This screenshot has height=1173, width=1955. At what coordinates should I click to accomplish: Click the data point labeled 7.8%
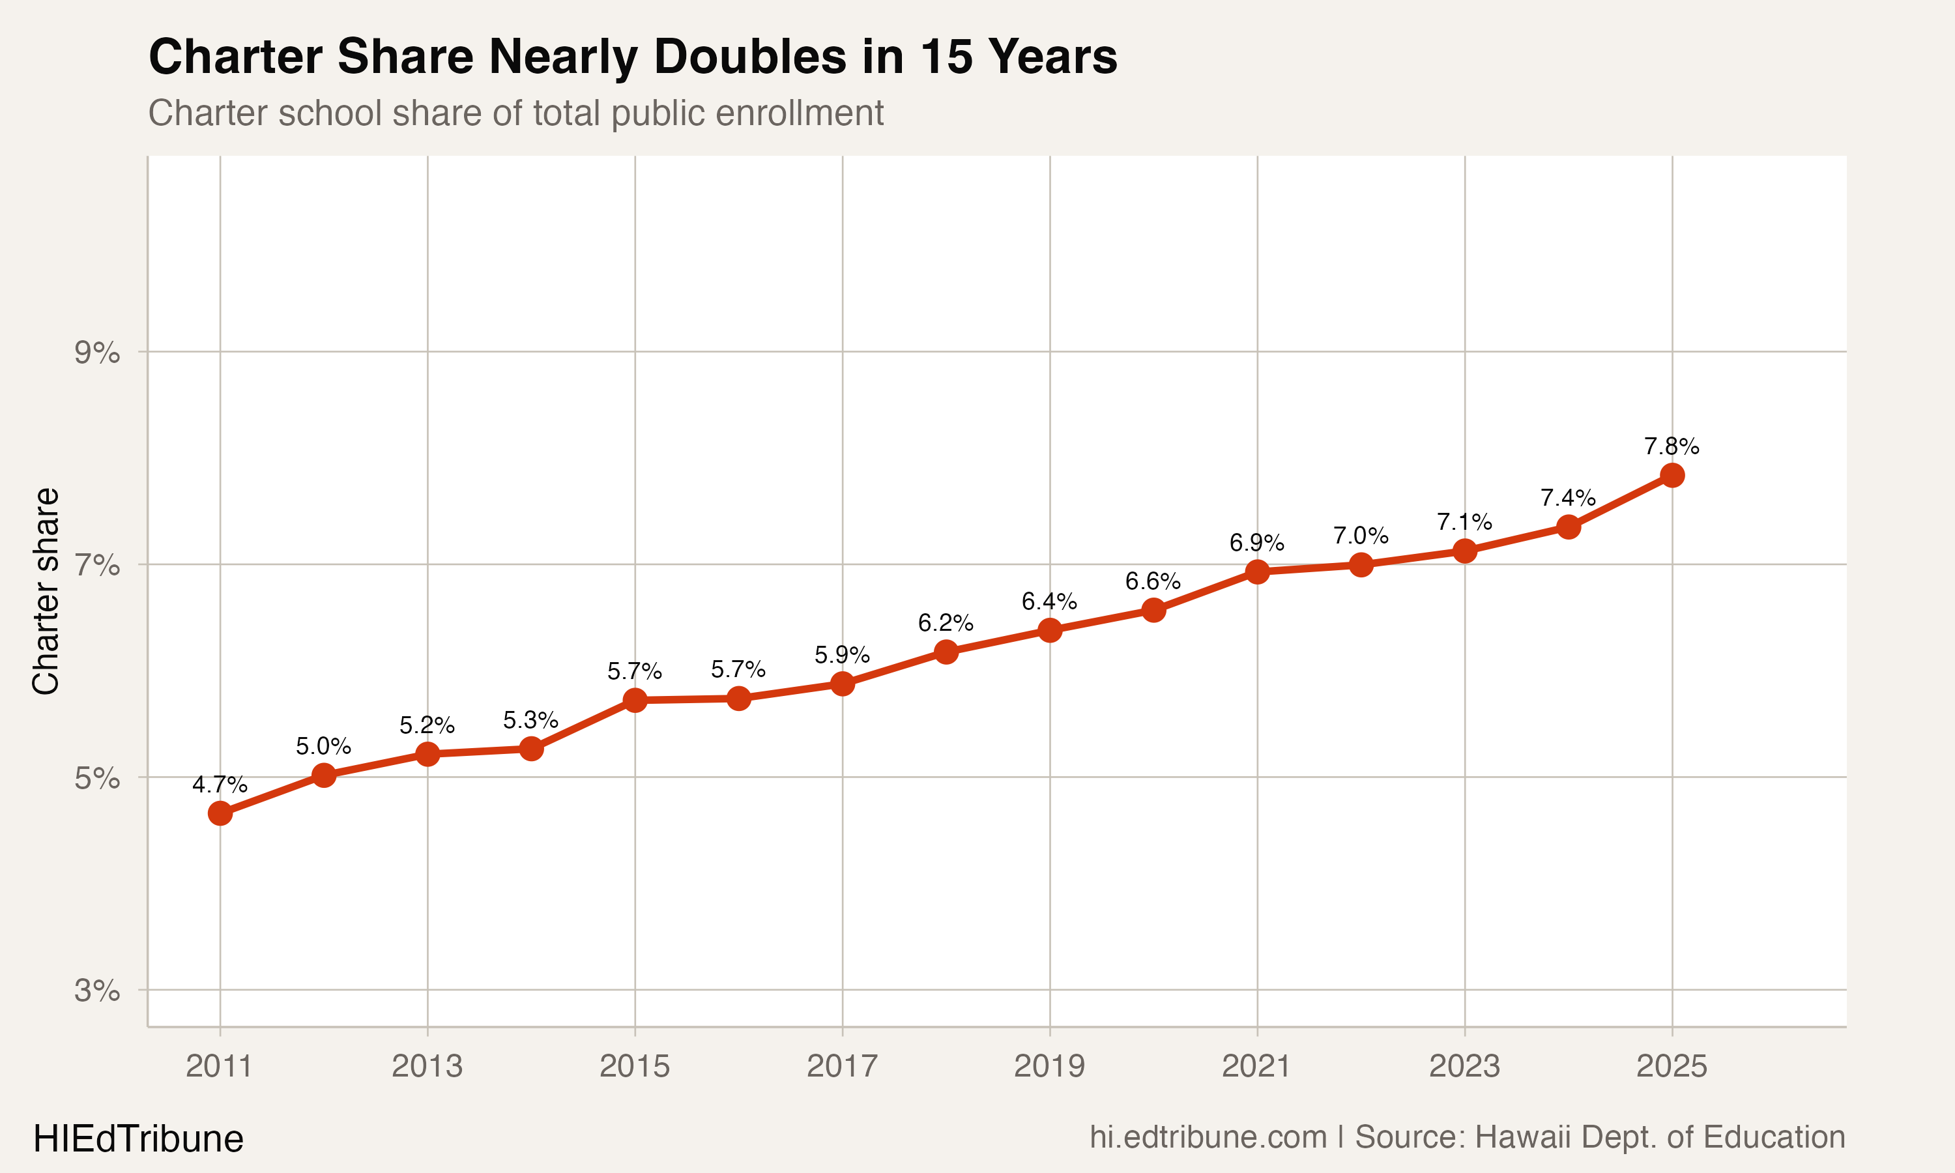pyautogui.click(x=1672, y=475)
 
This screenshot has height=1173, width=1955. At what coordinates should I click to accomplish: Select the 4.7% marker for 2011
pyautogui.click(x=220, y=813)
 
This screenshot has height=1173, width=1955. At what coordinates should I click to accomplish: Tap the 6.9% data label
pyautogui.click(x=1256, y=543)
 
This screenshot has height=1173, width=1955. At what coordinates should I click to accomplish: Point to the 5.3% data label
pyautogui.click(x=530, y=721)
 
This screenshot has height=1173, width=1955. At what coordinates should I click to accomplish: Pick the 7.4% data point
pyautogui.click(x=1568, y=527)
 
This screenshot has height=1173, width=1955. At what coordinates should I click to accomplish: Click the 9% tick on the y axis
pyautogui.click(x=97, y=353)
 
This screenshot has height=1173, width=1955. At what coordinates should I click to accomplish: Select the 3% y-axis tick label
pyautogui.click(x=97, y=991)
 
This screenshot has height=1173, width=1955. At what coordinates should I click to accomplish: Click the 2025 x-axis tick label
pyautogui.click(x=1672, y=1066)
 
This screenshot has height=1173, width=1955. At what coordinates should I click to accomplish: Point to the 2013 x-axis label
pyautogui.click(x=427, y=1066)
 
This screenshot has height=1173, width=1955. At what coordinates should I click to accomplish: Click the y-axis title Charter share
pyautogui.click(x=46, y=591)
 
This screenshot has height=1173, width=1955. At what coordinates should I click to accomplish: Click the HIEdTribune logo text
pyautogui.click(x=138, y=1139)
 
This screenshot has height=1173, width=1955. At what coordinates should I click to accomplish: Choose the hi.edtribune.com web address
pyautogui.click(x=1208, y=1137)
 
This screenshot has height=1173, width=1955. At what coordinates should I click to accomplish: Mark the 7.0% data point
pyautogui.click(x=1361, y=564)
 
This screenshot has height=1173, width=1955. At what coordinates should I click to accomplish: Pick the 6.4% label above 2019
pyautogui.click(x=1049, y=602)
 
